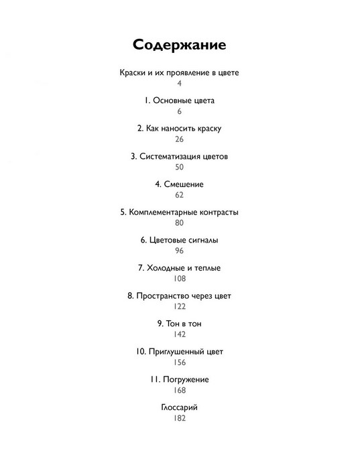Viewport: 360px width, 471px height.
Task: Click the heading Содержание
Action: click(180, 45)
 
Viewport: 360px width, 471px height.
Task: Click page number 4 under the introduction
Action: click(180, 83)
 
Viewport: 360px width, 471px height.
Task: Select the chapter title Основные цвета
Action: click(184, 100)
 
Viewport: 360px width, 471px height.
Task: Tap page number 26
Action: click(180, 139)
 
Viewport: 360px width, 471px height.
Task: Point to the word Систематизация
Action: click(170, 156)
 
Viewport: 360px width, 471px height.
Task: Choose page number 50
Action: click(180, 167)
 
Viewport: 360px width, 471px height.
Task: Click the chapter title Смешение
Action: click(184, 184)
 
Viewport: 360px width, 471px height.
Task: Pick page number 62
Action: click(180, 195)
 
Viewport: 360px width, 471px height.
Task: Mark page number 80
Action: click(180, 223)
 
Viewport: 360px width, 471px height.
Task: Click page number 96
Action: click(180, 251)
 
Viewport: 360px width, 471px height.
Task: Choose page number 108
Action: click(180, 279)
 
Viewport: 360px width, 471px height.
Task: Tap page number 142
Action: click(180, 334)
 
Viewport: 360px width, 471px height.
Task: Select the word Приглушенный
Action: click(176, 352)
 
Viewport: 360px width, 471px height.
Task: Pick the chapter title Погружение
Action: click(186, 380)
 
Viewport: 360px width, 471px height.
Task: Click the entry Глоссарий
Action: click(180, 407)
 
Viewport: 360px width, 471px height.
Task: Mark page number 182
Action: click(180, 418)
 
